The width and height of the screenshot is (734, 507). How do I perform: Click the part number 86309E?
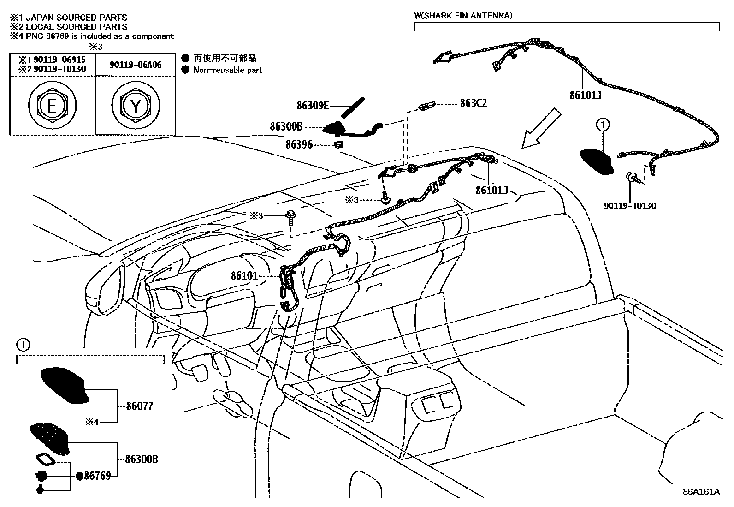coord(313,106)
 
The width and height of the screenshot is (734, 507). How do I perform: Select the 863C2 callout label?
coord(473,103)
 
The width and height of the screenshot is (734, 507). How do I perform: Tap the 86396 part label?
coord(299,145)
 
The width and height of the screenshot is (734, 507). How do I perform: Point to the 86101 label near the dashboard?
coord(244,276)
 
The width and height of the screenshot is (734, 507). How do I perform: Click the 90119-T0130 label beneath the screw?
coord(630,206)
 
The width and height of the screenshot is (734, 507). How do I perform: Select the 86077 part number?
coord(139,406)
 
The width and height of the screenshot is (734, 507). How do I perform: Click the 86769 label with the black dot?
coord(97,476)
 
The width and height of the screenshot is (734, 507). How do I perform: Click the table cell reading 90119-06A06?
coord(136,65)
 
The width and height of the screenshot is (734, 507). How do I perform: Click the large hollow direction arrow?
coord(541,129)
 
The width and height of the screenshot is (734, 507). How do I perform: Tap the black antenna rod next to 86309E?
coord(353,107)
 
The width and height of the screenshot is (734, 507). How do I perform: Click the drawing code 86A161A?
coord(701,492)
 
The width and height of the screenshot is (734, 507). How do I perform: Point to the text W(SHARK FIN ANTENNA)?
coord(463,15)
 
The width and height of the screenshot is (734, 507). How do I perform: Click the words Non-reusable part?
coord(227,70)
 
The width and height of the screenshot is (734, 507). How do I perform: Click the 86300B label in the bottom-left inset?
coord(142,459)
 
